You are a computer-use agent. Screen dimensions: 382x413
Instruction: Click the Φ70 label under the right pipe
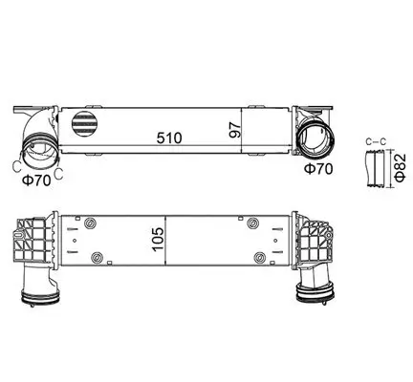click(318, 168)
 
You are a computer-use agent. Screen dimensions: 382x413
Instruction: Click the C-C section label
click(375, 142)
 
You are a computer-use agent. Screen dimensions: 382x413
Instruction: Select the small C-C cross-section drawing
click(374, 168)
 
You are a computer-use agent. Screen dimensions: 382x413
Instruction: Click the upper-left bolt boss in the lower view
click(90, 225)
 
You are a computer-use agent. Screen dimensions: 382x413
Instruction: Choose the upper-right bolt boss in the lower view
click(253, 224)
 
